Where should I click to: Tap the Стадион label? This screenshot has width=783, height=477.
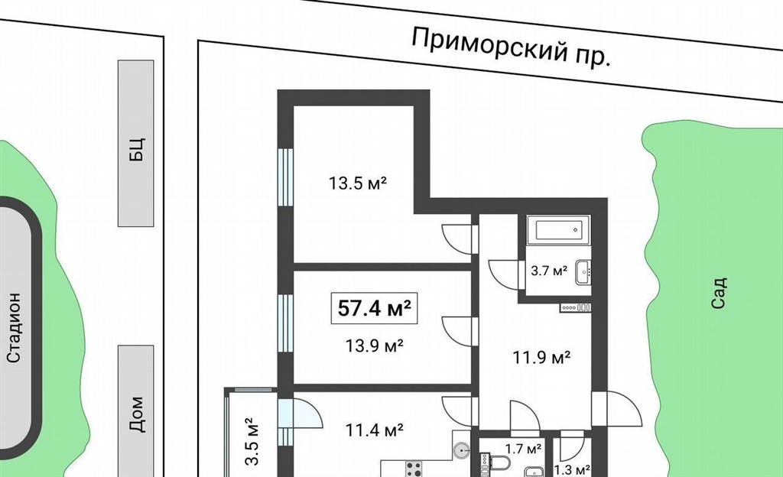click(x=14, y=327)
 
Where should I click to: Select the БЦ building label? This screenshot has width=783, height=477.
click(x=136, y=149)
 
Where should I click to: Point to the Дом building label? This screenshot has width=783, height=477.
click(x=136, y=414)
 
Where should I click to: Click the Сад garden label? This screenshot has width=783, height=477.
click(x=718, y=294)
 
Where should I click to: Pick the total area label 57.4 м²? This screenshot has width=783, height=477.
click(x=374, y=308)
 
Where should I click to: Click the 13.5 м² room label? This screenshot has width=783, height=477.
click(x=358, y=183)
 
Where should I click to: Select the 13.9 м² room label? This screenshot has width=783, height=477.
click(x=375, y=345)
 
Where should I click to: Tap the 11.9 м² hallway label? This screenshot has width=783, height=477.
click(x=542, y=357)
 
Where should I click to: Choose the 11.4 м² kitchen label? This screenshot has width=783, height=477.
click(x=375, y=429)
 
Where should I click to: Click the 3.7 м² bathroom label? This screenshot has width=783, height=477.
click(x=549, y=271)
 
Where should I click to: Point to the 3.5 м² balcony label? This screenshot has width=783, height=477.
click(x=252, y=441)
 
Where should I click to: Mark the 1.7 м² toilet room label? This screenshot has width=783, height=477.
click(x=523, y=449)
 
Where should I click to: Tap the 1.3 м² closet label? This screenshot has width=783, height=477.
click(x=572, y=470)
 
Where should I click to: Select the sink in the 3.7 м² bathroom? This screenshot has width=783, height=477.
click(x=583, y=272)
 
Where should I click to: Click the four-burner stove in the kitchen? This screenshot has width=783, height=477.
click(x=414, y=469)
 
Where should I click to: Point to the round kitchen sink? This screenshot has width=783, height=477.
click(x=463, y=450)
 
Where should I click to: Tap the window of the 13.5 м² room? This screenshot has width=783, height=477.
click(x=285, y=177)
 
